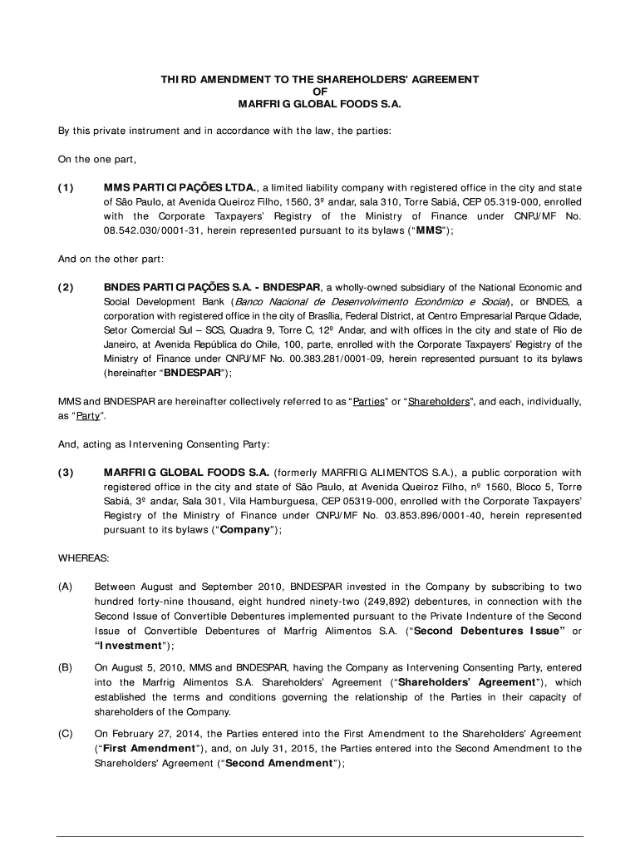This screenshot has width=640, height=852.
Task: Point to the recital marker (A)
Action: click(x=65, y=586)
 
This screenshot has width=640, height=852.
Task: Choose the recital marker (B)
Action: click(x=65, y=667)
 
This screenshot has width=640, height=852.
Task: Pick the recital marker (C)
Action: click(x=65, y=734)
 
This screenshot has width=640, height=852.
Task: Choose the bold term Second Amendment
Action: click(x=287, y=764)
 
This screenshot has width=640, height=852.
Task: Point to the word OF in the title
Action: click(x=319, y=92)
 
